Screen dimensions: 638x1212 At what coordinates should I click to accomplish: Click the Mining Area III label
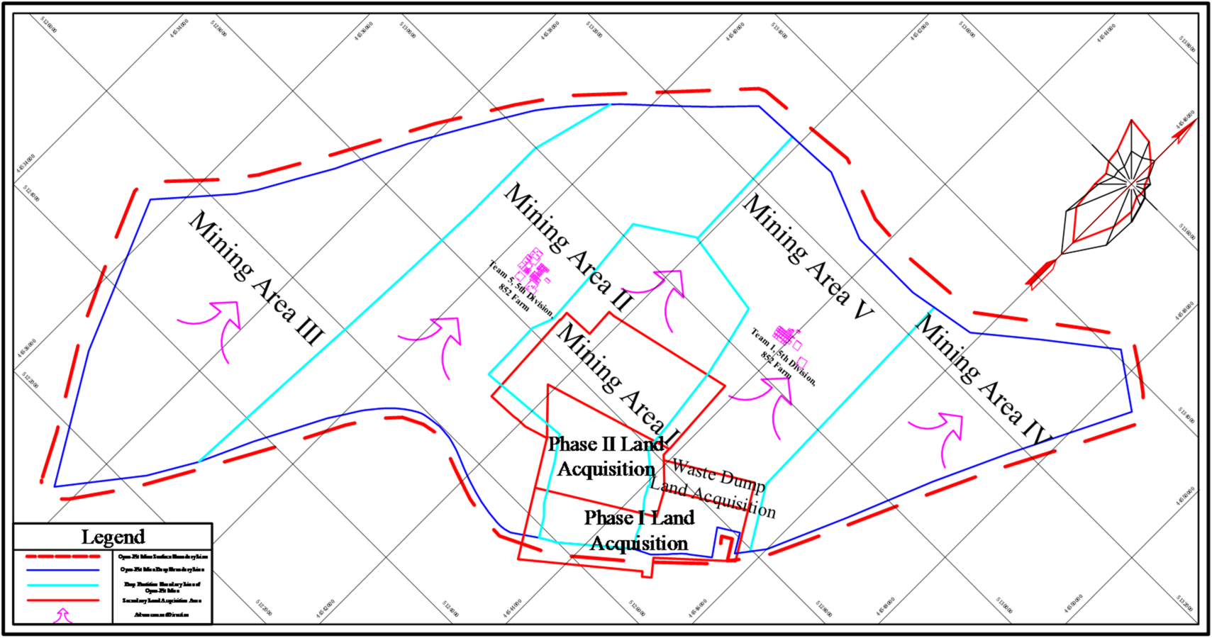point(256,278)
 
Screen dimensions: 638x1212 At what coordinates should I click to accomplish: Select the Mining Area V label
point(808,257)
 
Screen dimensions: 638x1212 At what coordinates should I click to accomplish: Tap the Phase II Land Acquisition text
point(606,457)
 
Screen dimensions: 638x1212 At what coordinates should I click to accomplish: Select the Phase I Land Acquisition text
point(639,530)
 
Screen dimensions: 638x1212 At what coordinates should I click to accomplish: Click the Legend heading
point(113,537)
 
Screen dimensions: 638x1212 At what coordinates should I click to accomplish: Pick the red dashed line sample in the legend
point(62,556)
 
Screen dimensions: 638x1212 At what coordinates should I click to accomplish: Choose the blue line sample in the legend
point(62,570)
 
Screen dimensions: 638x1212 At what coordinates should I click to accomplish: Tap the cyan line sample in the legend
point(62,586)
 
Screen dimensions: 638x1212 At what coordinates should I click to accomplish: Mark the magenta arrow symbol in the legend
point(63,615)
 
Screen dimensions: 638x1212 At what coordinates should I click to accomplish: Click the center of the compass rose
point(1129,184)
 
